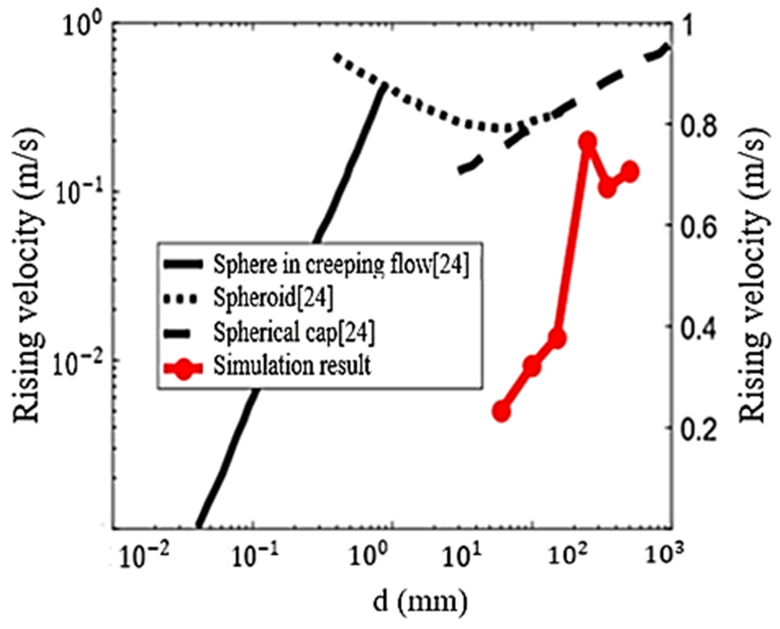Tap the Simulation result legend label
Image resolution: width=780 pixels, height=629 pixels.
click(292, 366)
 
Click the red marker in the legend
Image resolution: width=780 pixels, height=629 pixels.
click(184, 367)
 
